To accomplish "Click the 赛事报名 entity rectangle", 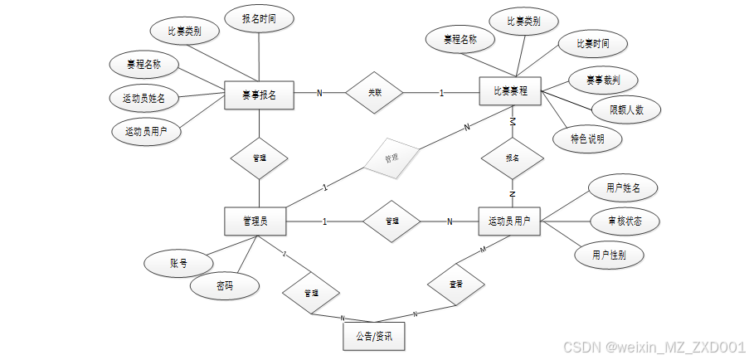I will click(x=260, y=95).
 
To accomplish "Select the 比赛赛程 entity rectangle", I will click(x=510, y=91).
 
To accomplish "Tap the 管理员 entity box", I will click(x=255, y=221).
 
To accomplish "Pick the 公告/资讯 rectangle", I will click(x=374, y=337).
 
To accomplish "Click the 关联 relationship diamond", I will click(x=374, y=92).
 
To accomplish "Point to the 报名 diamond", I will click(x=513, y=157).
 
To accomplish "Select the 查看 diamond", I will click(x=455, y=284).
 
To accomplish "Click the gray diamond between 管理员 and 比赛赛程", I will click(x=391, y=156).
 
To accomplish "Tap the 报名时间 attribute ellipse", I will click(x=260, y=18).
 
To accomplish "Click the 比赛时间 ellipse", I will click(x=591, y=43).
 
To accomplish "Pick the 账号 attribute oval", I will click(x=178, y=264).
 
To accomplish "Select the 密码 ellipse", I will click(x=225, y=286).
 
